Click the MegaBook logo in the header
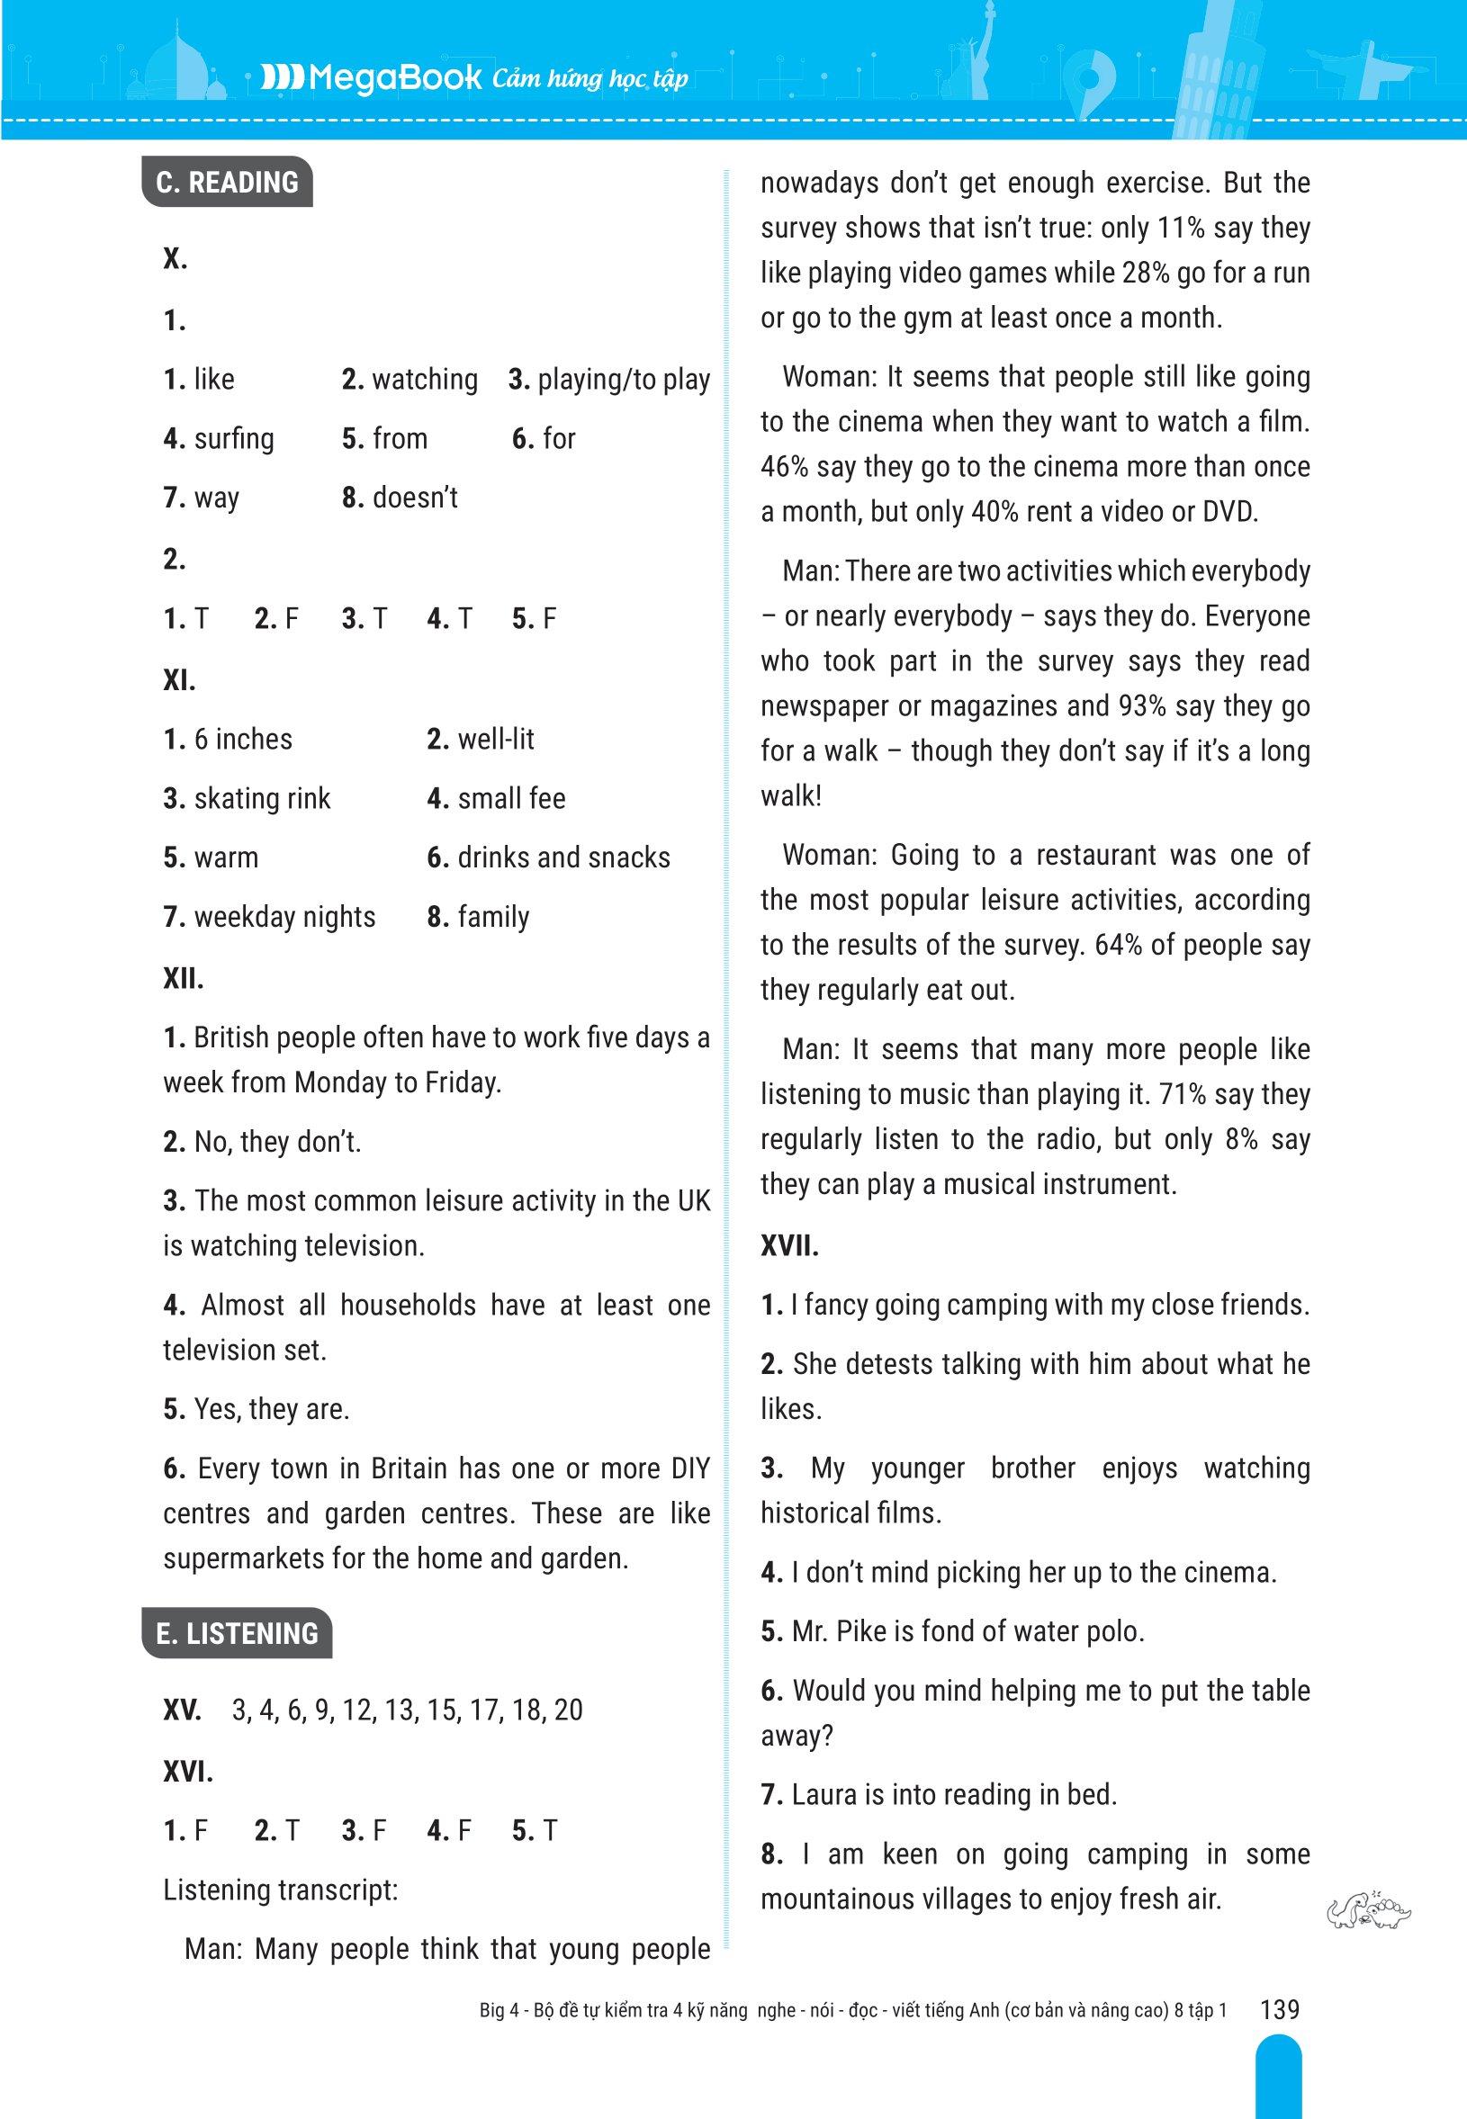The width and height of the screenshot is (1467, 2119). (372, 79)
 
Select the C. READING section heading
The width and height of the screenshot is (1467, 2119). (227, 182)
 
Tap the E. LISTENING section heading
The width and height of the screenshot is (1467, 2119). (237, 1633)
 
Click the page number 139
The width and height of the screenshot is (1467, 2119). (1281, 2009)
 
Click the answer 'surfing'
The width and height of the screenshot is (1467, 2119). (233, 438)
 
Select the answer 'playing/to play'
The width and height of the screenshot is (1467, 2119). (623, 380)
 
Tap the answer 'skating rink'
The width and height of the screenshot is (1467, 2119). (262, 798)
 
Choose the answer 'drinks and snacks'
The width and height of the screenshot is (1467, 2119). (563, 857)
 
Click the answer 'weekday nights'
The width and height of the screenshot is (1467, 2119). (285, 917)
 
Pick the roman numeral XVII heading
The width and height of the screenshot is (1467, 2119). (789, 1247)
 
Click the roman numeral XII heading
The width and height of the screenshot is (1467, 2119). (183, 979)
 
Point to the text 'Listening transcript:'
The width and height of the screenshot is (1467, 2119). (280, 1890)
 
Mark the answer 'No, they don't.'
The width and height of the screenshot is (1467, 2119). (277, 1142)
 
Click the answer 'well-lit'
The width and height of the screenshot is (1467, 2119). (495, 740)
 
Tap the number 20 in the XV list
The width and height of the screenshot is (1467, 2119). (568, 1710)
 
